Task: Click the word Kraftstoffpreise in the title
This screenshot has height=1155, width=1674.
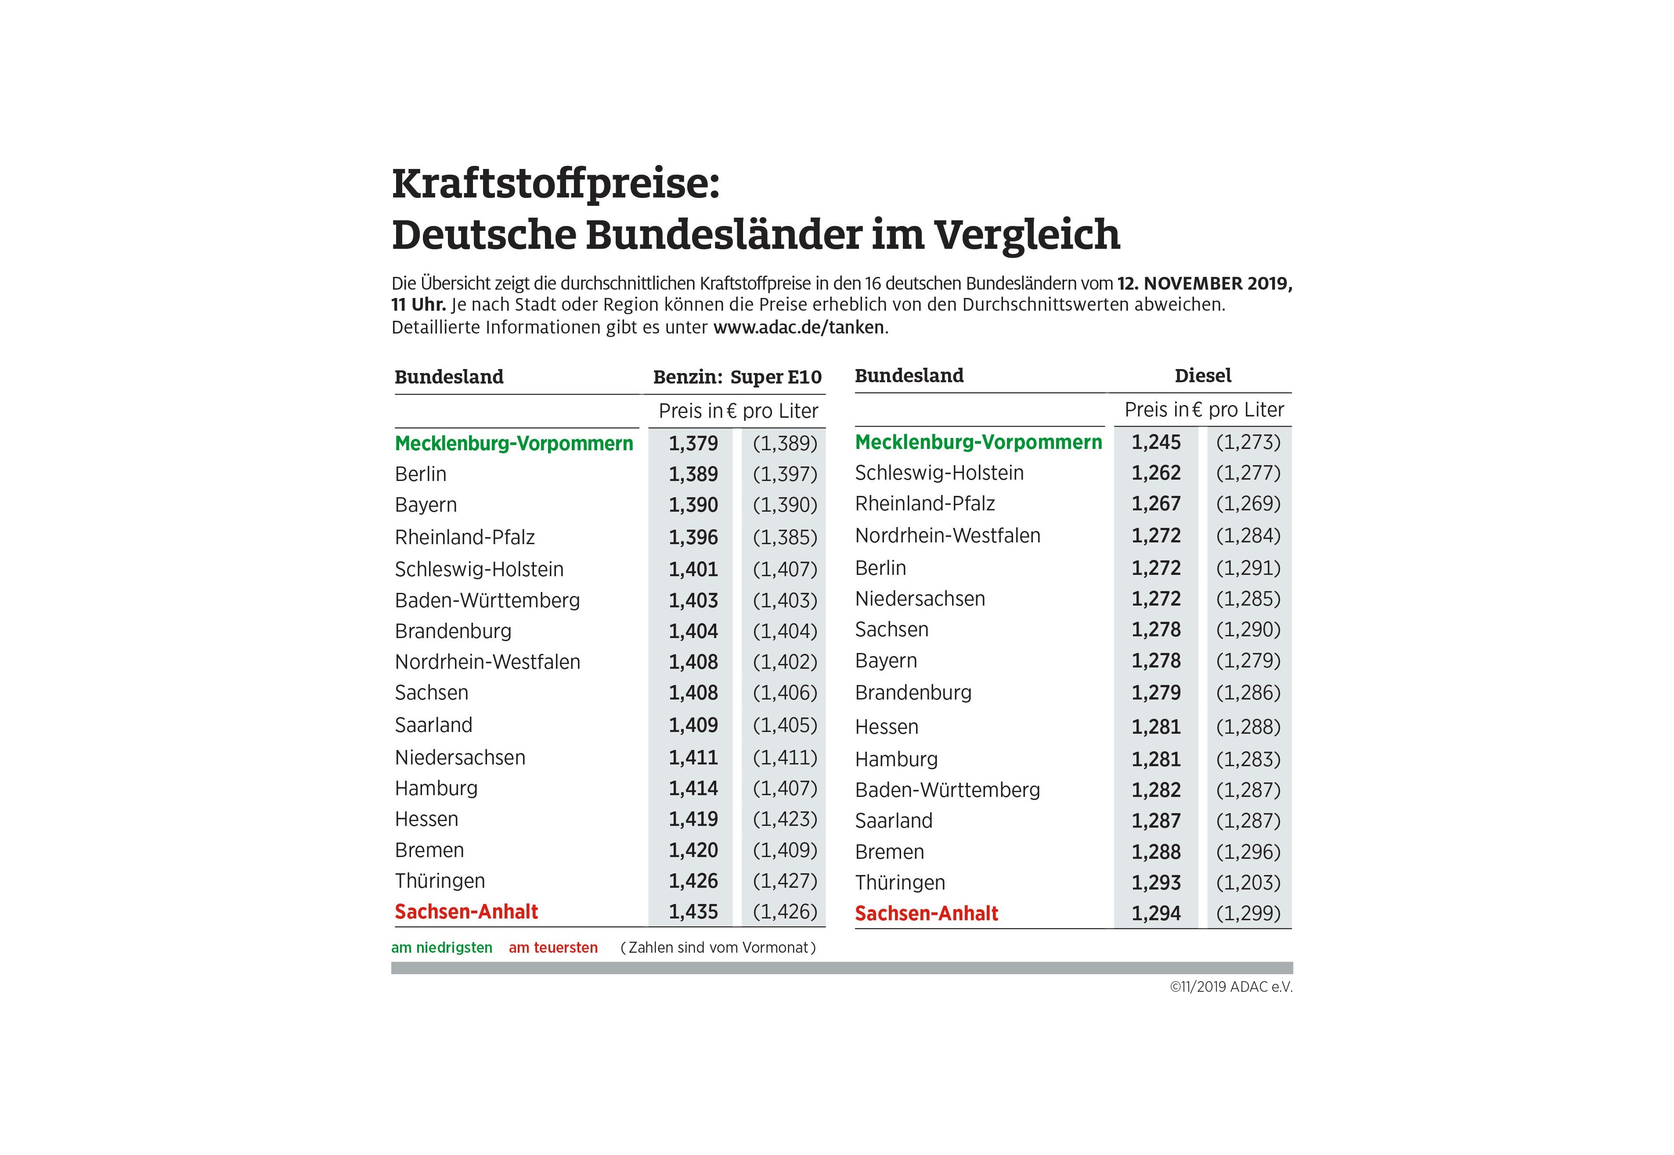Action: tap(556, 184)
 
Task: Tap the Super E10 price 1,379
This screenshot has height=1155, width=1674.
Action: tap(693, 443)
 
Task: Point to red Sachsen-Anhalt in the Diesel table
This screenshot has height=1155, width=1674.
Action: tap(926, 913)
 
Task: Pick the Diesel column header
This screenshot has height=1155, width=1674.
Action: tap(1203, 376)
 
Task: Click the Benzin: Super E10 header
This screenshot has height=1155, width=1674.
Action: tap(737, 377)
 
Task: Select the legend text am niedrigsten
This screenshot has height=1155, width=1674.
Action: tap(442, 947)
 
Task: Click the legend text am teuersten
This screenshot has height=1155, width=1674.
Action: tap(553, 947)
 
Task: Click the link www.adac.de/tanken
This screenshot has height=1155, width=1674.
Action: tap(799, 327)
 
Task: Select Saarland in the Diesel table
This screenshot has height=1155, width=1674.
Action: tap(894, 821)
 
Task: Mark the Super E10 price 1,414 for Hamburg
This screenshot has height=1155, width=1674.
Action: tap(693, 788)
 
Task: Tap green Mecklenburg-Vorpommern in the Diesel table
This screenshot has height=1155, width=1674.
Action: tap(978, 441)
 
